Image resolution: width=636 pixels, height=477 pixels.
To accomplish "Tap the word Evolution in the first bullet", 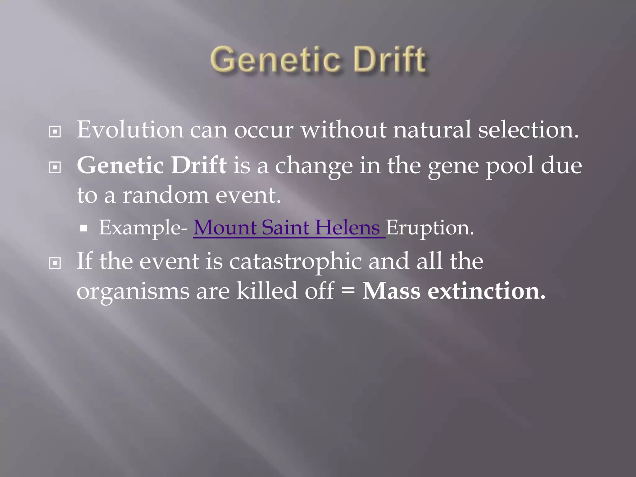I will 130,129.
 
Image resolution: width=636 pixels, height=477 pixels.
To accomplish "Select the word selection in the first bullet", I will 528,129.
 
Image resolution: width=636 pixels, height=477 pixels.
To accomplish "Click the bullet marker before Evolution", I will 55,132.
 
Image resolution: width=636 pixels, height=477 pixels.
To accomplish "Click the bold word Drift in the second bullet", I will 199,165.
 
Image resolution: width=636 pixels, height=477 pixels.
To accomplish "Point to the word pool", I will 510,166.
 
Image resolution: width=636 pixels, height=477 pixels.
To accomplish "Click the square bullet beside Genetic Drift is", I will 55,168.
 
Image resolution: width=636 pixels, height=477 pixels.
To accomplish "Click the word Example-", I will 143,228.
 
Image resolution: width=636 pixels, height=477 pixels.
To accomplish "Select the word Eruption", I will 429,228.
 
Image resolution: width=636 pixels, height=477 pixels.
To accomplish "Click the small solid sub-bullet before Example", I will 83,229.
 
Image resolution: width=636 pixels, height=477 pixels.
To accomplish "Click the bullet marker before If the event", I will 55,264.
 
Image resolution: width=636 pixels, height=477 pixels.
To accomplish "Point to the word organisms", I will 133,292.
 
